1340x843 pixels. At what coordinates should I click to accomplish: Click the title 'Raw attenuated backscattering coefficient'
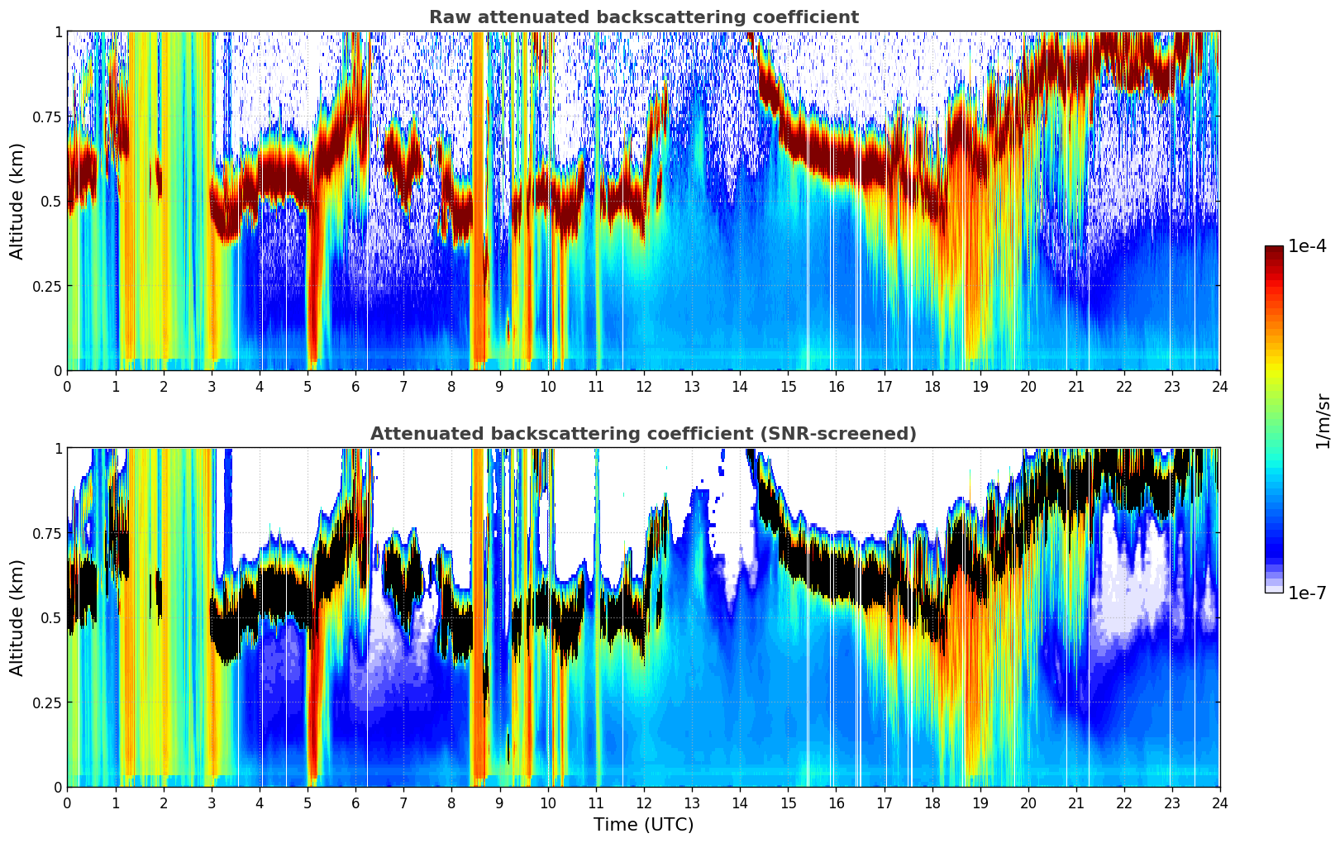coord(643,17)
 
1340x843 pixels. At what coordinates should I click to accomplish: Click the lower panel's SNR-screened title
coord(643,434)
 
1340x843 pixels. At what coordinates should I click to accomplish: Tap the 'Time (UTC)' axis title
coord(643,825)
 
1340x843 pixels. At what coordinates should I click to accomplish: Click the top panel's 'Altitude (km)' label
coord(17,201)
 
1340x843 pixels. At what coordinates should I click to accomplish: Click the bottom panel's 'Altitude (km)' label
coord(17,617)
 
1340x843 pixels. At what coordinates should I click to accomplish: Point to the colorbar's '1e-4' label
coord(1308,246)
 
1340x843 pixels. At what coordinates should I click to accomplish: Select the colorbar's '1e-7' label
coord(1308,593)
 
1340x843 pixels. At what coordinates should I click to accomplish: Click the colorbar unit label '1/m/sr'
coord(1323,421)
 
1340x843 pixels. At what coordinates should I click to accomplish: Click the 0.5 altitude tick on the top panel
coord(51,201)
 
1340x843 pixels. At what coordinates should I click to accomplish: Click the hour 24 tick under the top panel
coord(1220,386)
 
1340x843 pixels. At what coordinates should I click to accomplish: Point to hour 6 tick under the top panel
coord(355,386)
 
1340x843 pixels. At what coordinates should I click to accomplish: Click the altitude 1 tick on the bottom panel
coord(58,448)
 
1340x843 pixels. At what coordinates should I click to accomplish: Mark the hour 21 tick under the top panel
coord(1075,386)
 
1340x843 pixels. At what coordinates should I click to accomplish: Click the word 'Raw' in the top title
coord(446,17)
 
